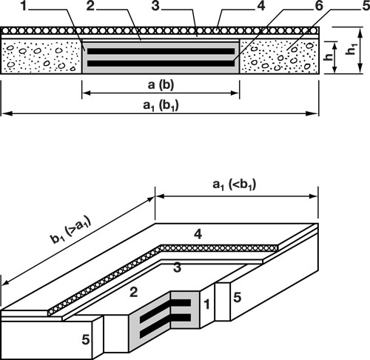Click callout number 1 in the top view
(23, 6)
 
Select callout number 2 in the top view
(90, 6)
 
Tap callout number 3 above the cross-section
(155, 6)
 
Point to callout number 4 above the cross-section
(261, 6)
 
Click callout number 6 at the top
(320, 6)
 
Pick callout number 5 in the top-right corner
(366, 6)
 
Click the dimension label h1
(351, 49)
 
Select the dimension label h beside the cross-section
(329, 57)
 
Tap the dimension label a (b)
(161, 84)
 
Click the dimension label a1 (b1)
(161, 105)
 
